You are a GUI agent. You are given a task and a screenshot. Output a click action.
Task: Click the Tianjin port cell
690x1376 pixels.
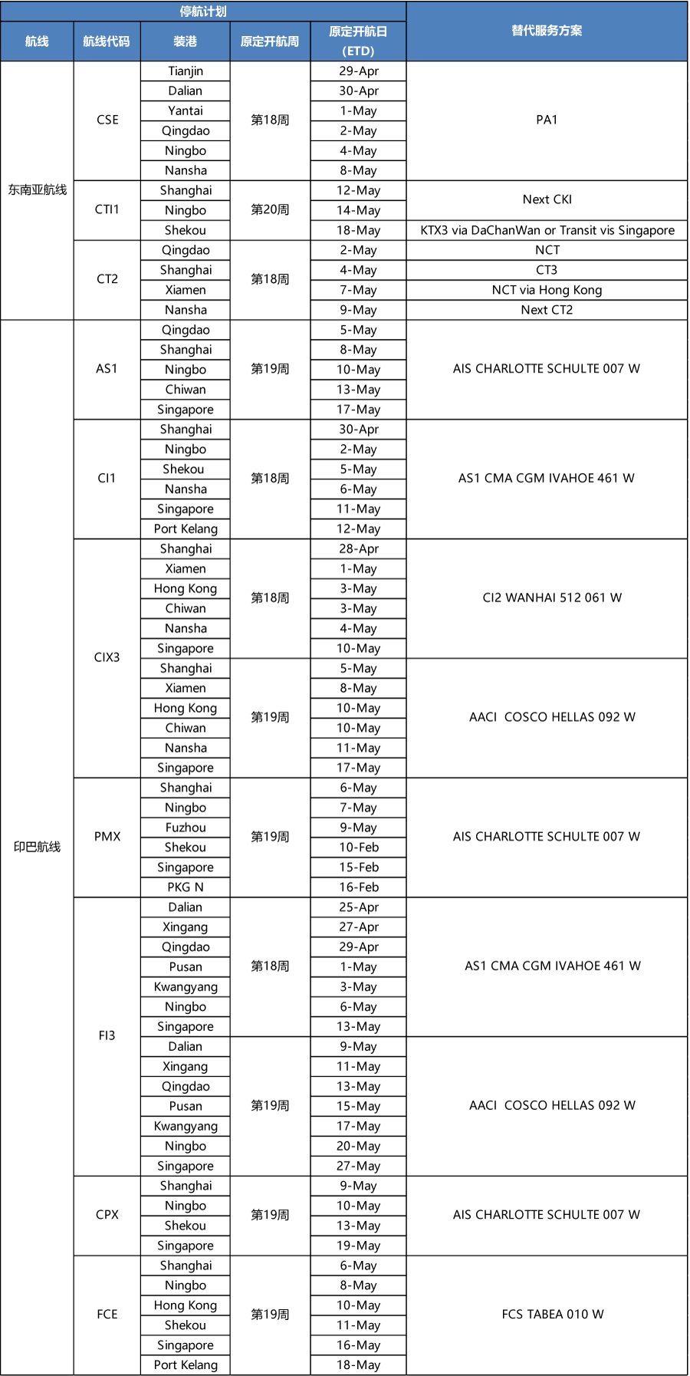click(186, 71)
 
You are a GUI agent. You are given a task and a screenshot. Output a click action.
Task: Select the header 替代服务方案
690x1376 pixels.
click(547, 31)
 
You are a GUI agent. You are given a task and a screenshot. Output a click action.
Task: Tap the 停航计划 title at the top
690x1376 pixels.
click(203, 12)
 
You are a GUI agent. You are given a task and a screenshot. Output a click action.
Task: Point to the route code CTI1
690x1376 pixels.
click(107, 209)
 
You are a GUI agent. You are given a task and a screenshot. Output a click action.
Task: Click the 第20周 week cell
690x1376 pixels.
click(270, 209)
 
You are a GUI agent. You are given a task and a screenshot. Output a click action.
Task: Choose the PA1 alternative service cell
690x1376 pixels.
click(547, 120)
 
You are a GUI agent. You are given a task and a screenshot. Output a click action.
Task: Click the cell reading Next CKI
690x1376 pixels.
click(547, 199)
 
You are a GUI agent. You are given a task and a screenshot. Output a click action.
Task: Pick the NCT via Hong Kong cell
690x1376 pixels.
click(547, 290)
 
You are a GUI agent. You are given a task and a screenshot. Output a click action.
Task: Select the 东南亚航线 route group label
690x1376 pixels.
click(38, 189)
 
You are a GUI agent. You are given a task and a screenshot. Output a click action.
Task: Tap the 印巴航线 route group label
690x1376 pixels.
click(38, 847)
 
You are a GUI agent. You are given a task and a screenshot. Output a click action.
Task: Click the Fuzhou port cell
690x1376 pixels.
click(186, 828)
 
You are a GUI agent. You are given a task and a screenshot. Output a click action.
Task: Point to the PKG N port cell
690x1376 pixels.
click(186, 887)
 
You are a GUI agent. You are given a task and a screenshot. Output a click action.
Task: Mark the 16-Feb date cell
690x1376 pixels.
click(359, 887)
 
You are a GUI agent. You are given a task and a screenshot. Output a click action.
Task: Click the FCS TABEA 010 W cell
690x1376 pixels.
click(552, 1315)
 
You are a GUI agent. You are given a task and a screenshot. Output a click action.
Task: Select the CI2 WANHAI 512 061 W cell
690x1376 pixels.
click(552, 597)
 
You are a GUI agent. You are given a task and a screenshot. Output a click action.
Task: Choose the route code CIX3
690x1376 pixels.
click(107, 657)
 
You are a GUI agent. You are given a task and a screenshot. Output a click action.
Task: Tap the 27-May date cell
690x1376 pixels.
click(359, 1166)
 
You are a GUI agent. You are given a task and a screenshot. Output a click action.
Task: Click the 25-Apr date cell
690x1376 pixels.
click(359, 907)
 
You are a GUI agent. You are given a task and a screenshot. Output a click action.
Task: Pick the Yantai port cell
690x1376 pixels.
click(186, 111)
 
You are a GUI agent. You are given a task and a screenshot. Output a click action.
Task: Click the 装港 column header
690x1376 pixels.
click(186, 41)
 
